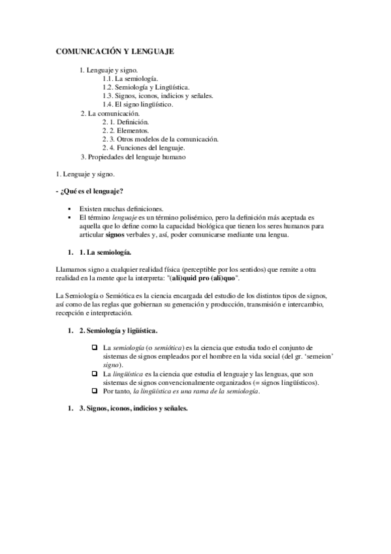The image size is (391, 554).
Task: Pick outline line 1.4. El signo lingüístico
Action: tap(137, 104)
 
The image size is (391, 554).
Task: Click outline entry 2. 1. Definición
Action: tap(125, 122)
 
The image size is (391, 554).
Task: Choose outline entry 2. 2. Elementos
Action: tap(125, 130)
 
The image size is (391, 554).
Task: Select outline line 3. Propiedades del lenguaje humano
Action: tap(133, 157)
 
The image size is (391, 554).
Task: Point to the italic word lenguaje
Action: tap(125, 217)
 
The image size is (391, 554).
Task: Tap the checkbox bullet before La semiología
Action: tap(95, 348)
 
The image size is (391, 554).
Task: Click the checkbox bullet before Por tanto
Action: tap(95, 391)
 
